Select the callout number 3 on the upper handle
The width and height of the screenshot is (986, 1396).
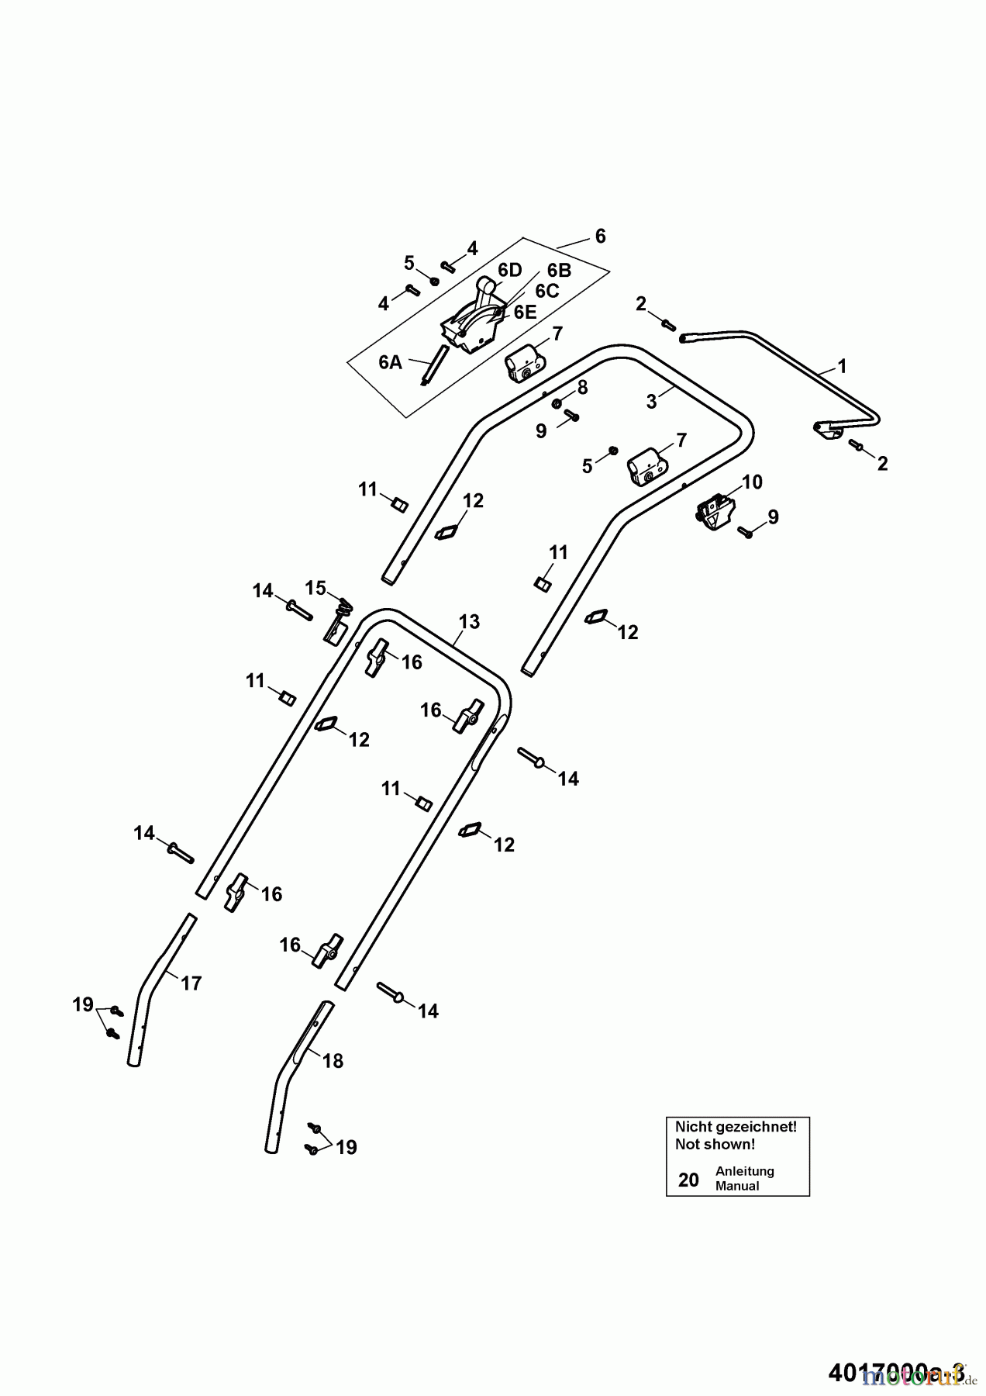pos(652,402)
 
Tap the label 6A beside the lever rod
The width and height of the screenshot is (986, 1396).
pos(391,362)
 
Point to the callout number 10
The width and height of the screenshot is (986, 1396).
pos(752,482)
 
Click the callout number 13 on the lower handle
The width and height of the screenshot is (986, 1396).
pos(469,621)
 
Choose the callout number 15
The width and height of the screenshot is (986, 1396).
pos(315,588)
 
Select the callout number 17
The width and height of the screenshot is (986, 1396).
pos(191,983)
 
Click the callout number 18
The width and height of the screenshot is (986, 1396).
pos(333,1061)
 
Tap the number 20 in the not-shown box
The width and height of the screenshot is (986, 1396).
pos(688,1180)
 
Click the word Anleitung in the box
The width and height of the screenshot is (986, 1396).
pos(744,1171)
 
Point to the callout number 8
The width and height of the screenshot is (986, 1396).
pos(582,386)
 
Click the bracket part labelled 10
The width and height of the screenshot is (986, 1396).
pos(714,513)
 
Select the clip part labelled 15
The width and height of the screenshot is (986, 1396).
pos(334,624)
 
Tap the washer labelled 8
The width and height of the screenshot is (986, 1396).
pos(557,403)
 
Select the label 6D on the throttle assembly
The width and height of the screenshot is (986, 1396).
pos(509,270)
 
